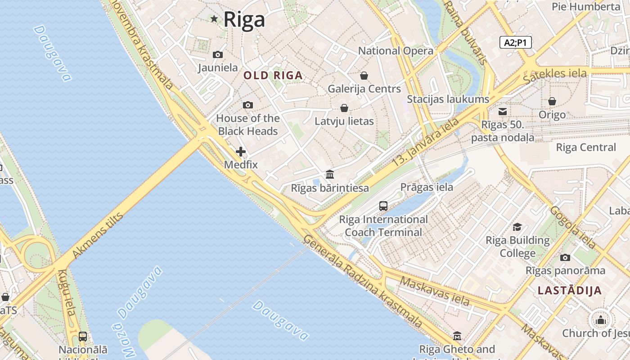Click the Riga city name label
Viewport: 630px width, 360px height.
[244, 19]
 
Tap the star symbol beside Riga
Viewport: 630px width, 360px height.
[214, 19]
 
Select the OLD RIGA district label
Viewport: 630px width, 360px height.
[273, 76]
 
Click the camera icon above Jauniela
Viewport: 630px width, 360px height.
[218, 54]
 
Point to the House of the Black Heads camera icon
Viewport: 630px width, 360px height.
[248, 105]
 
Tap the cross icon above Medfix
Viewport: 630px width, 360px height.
[241, 152]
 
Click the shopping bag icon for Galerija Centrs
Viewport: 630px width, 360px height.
[364, 76]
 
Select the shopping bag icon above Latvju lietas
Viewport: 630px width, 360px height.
[344, 108]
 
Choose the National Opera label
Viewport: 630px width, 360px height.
[396, 51]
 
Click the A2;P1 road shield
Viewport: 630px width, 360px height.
[516, 43]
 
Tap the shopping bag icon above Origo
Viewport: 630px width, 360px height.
[552, 102]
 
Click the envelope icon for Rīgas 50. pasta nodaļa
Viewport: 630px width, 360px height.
[503, 111]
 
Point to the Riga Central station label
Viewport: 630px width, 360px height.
[586, 147]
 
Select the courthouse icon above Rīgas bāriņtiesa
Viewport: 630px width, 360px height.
[330, 174]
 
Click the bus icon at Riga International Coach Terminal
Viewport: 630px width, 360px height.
[383, 206]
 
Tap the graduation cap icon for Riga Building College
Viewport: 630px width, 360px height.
[517, 227]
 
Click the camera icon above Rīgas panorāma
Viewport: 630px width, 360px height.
[565, 257]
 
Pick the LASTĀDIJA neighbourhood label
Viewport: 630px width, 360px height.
[570, 291]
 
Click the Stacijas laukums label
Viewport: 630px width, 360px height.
[448, 99]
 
